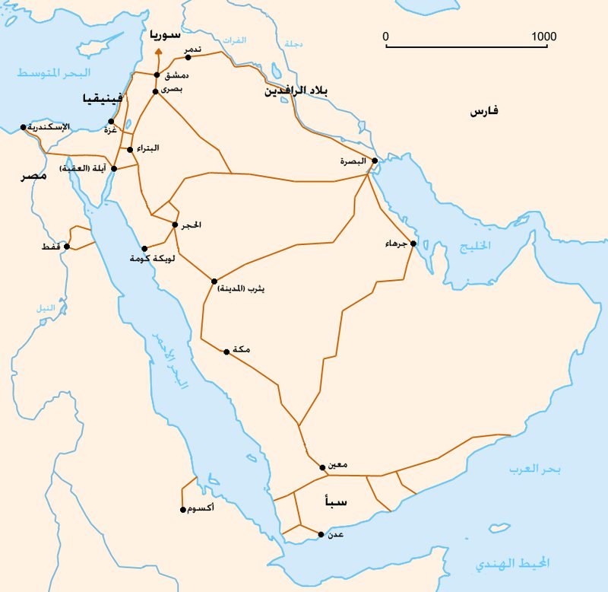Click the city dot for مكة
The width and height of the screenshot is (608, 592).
pos(226,352)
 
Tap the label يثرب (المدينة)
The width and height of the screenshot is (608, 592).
pos(241,290)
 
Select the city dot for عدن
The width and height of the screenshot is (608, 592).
pos(321,534)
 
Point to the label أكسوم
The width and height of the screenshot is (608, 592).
pos(199,509)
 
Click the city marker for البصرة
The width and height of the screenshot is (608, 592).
pos(375,161)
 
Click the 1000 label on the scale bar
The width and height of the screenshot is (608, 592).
pos(544,37)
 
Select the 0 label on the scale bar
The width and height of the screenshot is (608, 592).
pos(385,37)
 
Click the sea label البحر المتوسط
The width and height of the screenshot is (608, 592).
pos(54,74)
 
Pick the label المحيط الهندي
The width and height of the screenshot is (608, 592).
pos(512,564)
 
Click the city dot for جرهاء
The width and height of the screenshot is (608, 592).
pos(413,243)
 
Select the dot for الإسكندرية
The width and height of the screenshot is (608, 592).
pos(24,127)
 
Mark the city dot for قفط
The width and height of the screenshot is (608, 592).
pos(67,247)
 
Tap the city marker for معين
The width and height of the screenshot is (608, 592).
pos(322,466)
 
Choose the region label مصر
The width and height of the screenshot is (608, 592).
pos(33,177)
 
